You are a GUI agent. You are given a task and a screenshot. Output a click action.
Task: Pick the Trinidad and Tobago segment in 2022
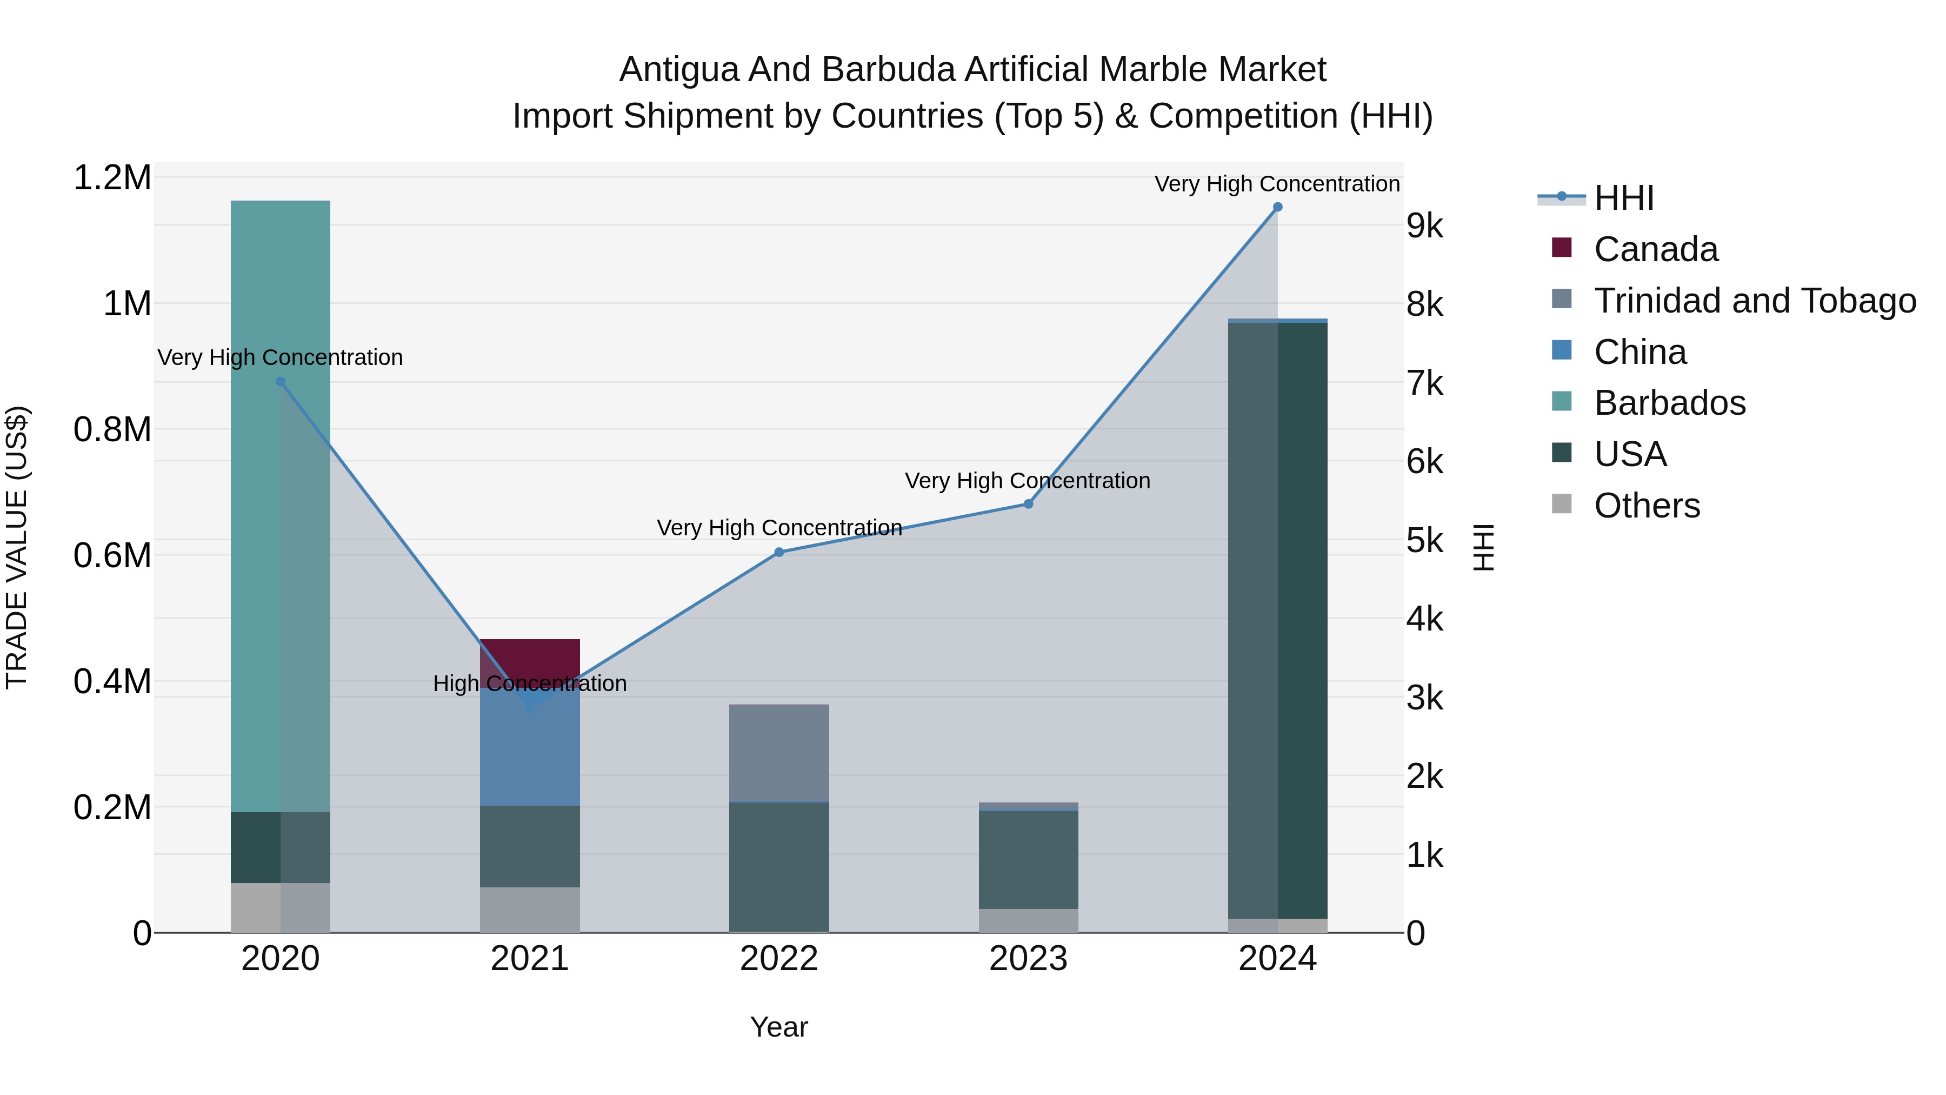[x=779, y=753]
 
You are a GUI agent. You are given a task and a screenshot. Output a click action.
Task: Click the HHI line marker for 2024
[x=1277, y=207]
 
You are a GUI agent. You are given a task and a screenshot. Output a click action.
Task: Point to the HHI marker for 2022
[x=779, y=553]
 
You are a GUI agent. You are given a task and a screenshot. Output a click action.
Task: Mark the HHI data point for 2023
[x=1028, y=504]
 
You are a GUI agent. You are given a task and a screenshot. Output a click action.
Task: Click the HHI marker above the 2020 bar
[x=280, y=382]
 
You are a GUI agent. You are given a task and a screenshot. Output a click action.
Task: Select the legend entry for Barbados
[x=1670, y=403]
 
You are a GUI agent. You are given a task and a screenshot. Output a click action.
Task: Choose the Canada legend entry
[x=1656, y=249]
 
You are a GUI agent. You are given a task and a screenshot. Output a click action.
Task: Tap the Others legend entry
[x=1647, y=506]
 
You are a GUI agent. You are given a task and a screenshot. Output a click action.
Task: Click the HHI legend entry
[x=1624, y=198]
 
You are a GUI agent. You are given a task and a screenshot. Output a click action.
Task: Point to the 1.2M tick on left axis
[x=112, y=178]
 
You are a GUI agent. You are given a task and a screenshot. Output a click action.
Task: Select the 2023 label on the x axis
[x=1028, y=959]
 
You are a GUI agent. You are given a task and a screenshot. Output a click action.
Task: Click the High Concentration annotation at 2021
[x=530, y=683]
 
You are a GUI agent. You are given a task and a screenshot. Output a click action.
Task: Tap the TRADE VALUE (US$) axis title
[x=17, y=547]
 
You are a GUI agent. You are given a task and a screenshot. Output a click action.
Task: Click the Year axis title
[x=779, y=1027]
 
